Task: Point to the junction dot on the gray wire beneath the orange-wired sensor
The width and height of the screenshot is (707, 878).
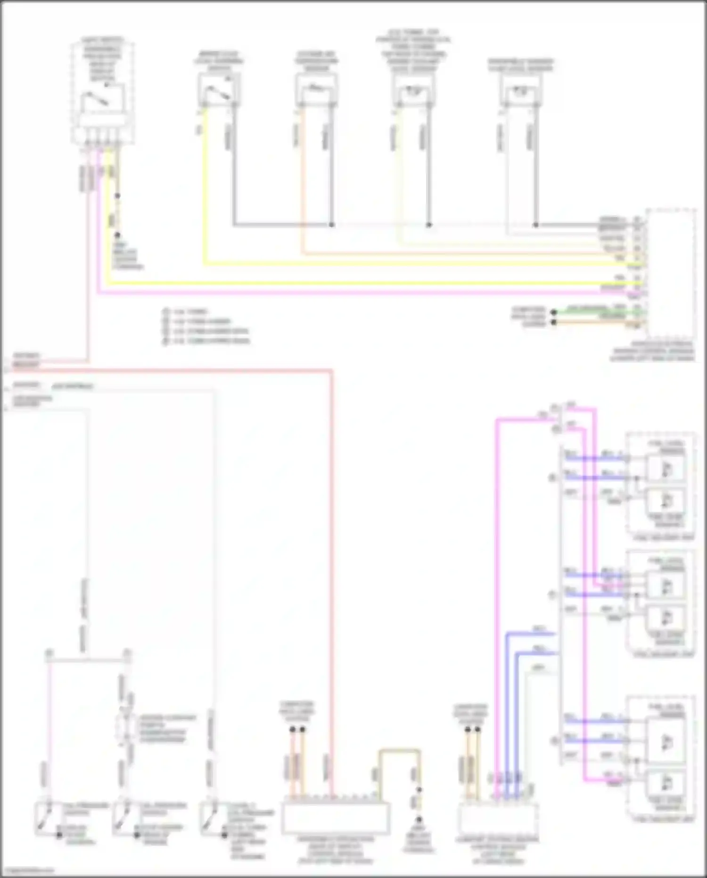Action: click(x=332, y=225)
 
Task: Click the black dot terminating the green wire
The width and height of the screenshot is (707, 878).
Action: click(x=554, y=312)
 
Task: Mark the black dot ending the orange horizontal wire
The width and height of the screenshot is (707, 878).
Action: click(x=554, y=323)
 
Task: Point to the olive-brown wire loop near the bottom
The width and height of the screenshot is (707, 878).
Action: click(x=399, y=750)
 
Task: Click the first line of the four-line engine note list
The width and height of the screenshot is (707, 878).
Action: click(x=186, y=312)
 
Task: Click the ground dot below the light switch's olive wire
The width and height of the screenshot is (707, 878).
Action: click(x=117, y=234)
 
